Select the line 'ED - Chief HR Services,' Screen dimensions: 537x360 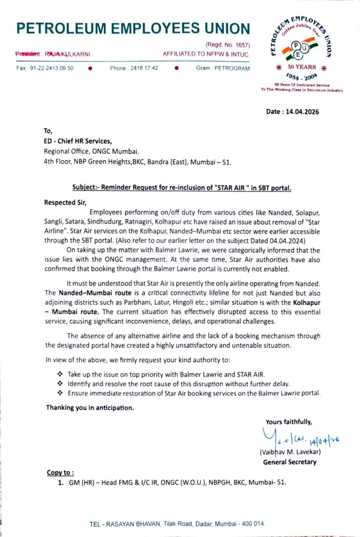78,141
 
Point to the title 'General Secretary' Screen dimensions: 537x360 289,462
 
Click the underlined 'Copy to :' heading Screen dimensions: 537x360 60,472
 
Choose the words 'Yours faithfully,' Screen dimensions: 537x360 289,421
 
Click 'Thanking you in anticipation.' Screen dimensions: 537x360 89,407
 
